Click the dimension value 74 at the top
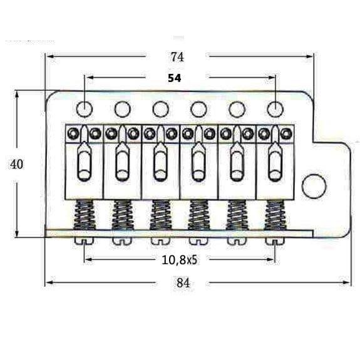(x=177, y=56)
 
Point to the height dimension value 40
(x=17, y=164)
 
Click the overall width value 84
(x=182, y=282)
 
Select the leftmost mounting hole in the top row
(x=85, y=109)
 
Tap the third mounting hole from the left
(x=160, y=109)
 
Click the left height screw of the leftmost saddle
(x=74, y=133)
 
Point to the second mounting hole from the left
(x=122, y=109)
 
